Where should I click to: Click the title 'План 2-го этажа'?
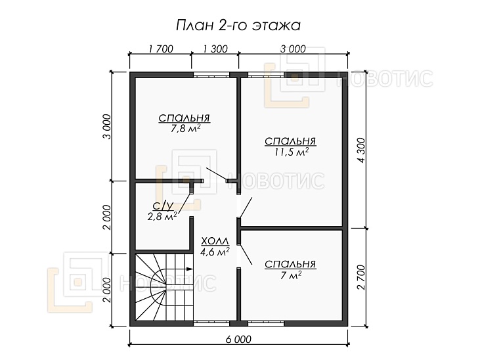point(238,26)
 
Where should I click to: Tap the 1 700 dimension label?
point(161,49)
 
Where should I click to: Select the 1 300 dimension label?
point(215,49)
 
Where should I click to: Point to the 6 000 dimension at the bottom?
point(238,339)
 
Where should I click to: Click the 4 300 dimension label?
point(361,150)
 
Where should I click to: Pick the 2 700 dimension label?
point(361,277)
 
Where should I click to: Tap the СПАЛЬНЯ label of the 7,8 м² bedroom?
point(184,118)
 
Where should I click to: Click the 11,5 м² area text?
point(291,152)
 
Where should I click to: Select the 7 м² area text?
point(291,275)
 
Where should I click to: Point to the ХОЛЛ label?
point(215,241)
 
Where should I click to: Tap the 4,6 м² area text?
point(215,252)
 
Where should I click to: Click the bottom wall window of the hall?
point(211,323)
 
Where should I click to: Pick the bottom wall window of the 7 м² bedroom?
point(266,323)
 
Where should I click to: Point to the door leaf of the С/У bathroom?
point(184,202)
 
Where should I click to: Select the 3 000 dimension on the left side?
point(107,127)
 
